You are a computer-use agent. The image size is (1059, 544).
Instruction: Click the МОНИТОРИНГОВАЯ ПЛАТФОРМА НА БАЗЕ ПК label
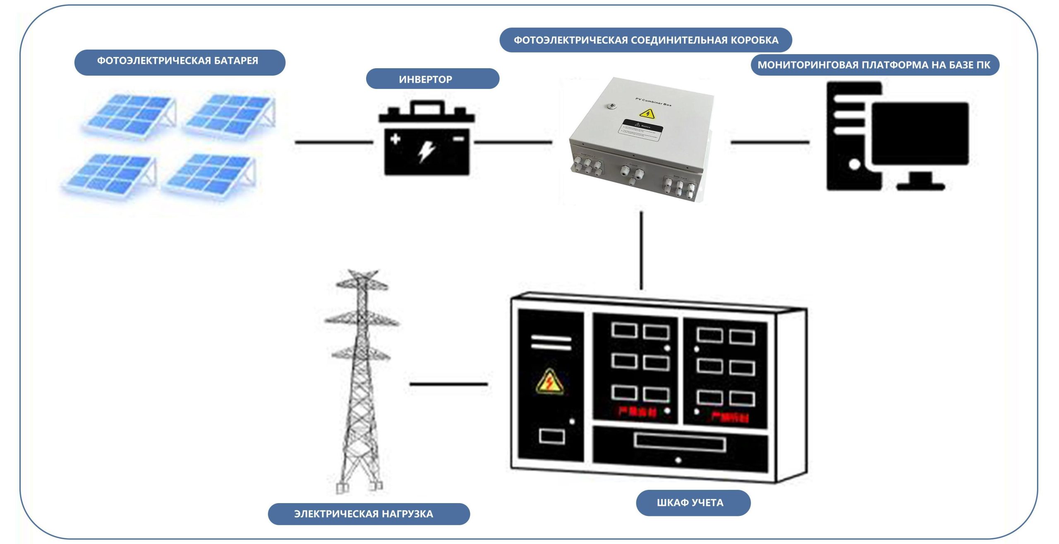pyautogui.click(x=875, y=65)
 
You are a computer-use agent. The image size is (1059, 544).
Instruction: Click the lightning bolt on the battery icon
pyautogui.click(x=426, y=151)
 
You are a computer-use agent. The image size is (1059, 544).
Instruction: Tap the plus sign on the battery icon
pyautogui.click(x=395, y=138)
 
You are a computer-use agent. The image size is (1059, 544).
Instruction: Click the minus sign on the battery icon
pyautogui.click(x=458, y=139)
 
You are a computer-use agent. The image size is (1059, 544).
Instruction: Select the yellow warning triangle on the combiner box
pyautogui.click(x=647, y=113)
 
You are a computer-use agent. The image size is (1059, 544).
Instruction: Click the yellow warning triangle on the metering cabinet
pyautogui.click(x=549, y=382)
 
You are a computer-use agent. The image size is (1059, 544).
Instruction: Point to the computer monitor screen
pyautogui.click(x=920, y=133)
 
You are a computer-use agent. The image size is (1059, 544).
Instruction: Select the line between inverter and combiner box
pyautogui.click(x=513, y=142)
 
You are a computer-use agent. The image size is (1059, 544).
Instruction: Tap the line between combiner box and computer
pyautogui.click(x=770, y=142)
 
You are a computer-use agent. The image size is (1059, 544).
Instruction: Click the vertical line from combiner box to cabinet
pyautogui.click(x=641, y=251)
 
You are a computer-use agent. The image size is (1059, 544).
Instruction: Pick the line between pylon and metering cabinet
pyautogui.click(x=449, y=384)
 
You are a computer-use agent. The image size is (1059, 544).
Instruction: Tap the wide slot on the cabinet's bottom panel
pyautogui.click(x=679, y=443)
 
